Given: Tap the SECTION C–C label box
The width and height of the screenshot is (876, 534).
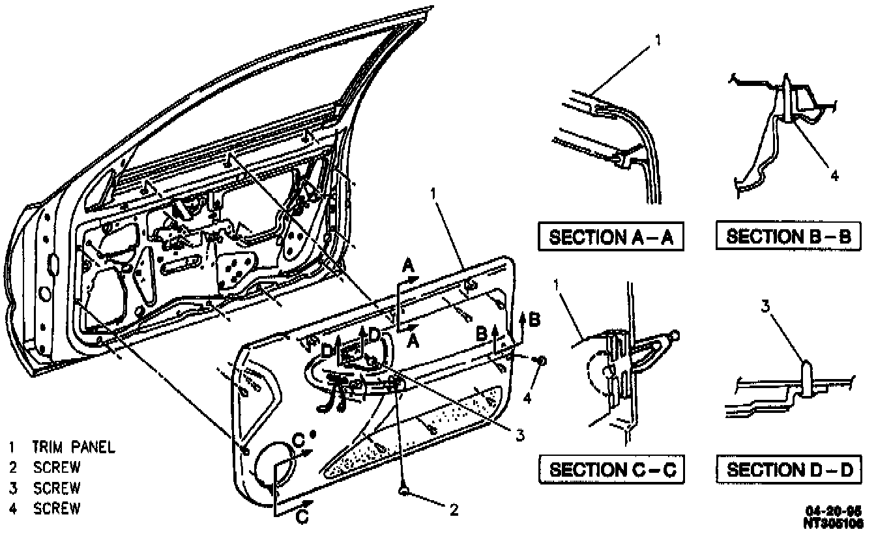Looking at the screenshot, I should click(x=611, y=469).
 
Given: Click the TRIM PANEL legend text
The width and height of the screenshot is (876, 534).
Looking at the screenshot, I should click(x=74, y=447).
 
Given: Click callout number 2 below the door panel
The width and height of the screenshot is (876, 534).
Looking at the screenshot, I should click(x=454, y=510).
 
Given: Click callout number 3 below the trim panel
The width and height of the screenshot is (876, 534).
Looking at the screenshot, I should click(x=519, y=436).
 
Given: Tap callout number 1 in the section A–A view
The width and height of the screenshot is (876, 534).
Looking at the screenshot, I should click(x=658, y=40).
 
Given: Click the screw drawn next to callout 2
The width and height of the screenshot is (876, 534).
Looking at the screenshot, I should click(x=405, y=490).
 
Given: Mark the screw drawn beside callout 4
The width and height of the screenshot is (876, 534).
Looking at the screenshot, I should click(x=542, y=360).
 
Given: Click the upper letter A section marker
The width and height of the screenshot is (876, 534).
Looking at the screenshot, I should click(x=409, y=266).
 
